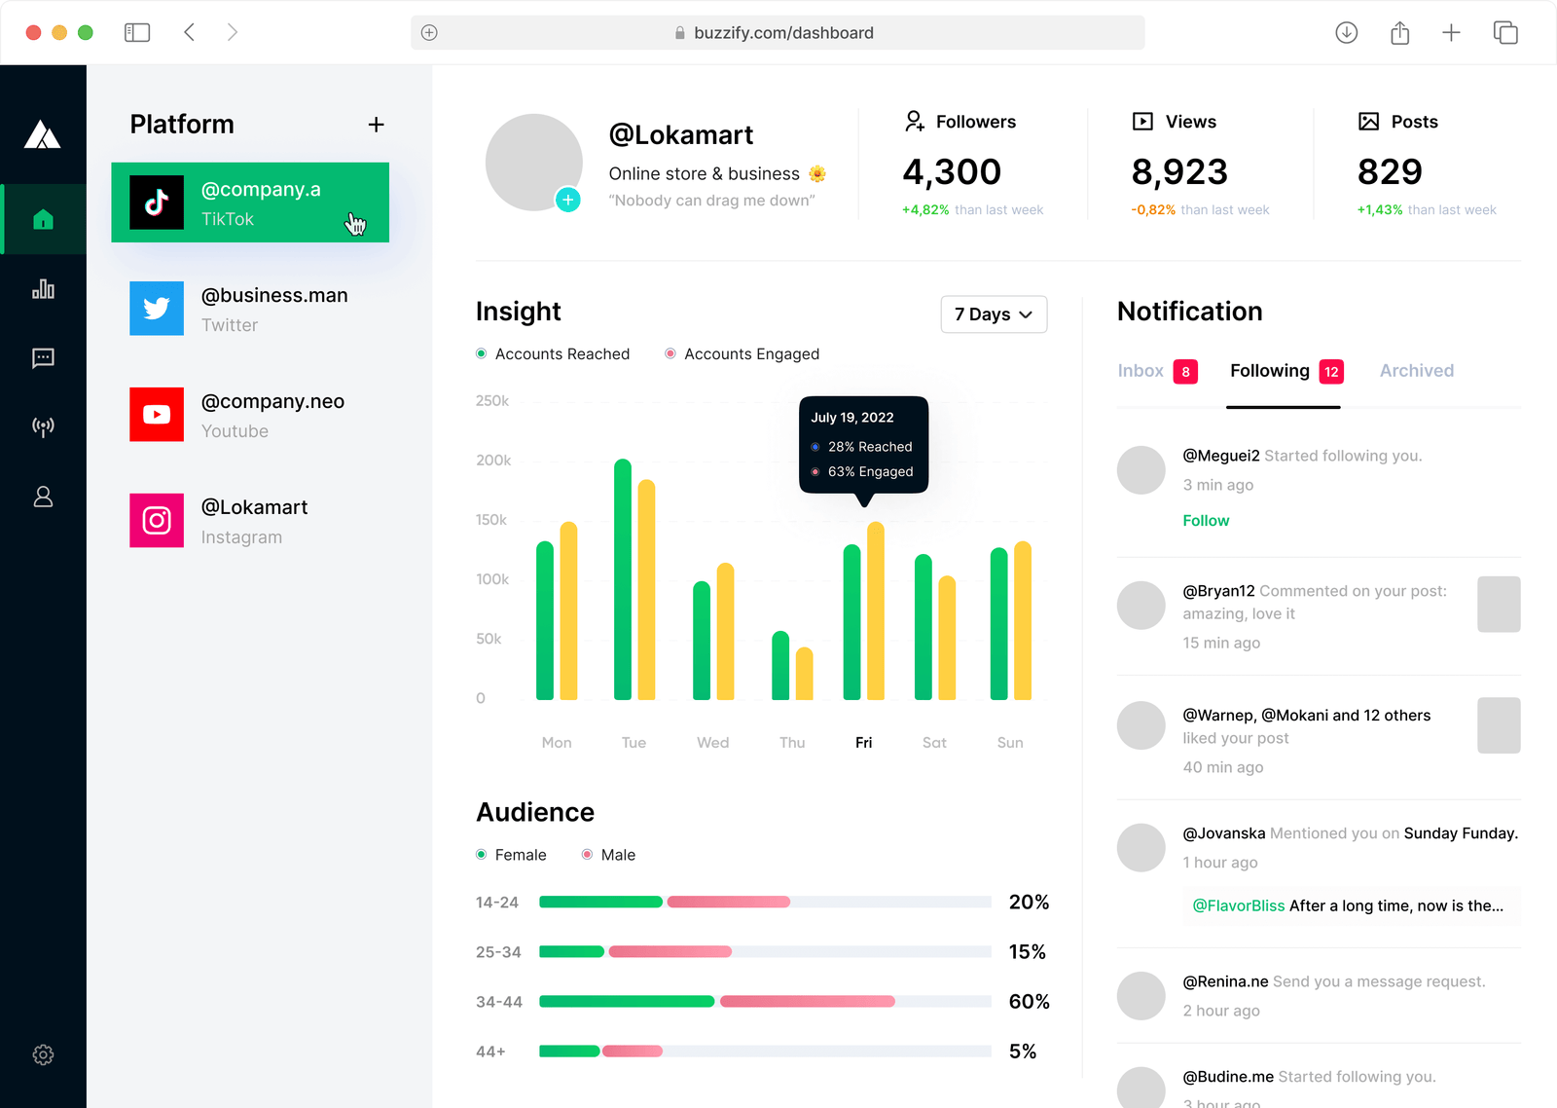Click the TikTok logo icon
click(157, 203)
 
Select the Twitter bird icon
click(157, 309)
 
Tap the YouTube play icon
click(157, 415)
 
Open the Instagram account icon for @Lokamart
click(157, 521)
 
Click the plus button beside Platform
click(377, 125)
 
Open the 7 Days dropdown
click(994, 314)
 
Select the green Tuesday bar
click(623, 579)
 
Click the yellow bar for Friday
click(876, 610)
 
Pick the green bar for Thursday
click(780, 666)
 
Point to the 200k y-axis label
click(493, 461)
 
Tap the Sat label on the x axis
click(934, 743)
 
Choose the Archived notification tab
click(1416, 371)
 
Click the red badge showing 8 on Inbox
click(1185, 372)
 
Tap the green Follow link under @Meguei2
click(1206, 521)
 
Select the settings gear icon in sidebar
click(43, 1054)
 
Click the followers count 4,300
click(952, 172)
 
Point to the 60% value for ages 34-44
click(1029, 1002)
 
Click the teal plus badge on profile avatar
click(568, 200)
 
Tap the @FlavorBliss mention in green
click(1239, 906)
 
